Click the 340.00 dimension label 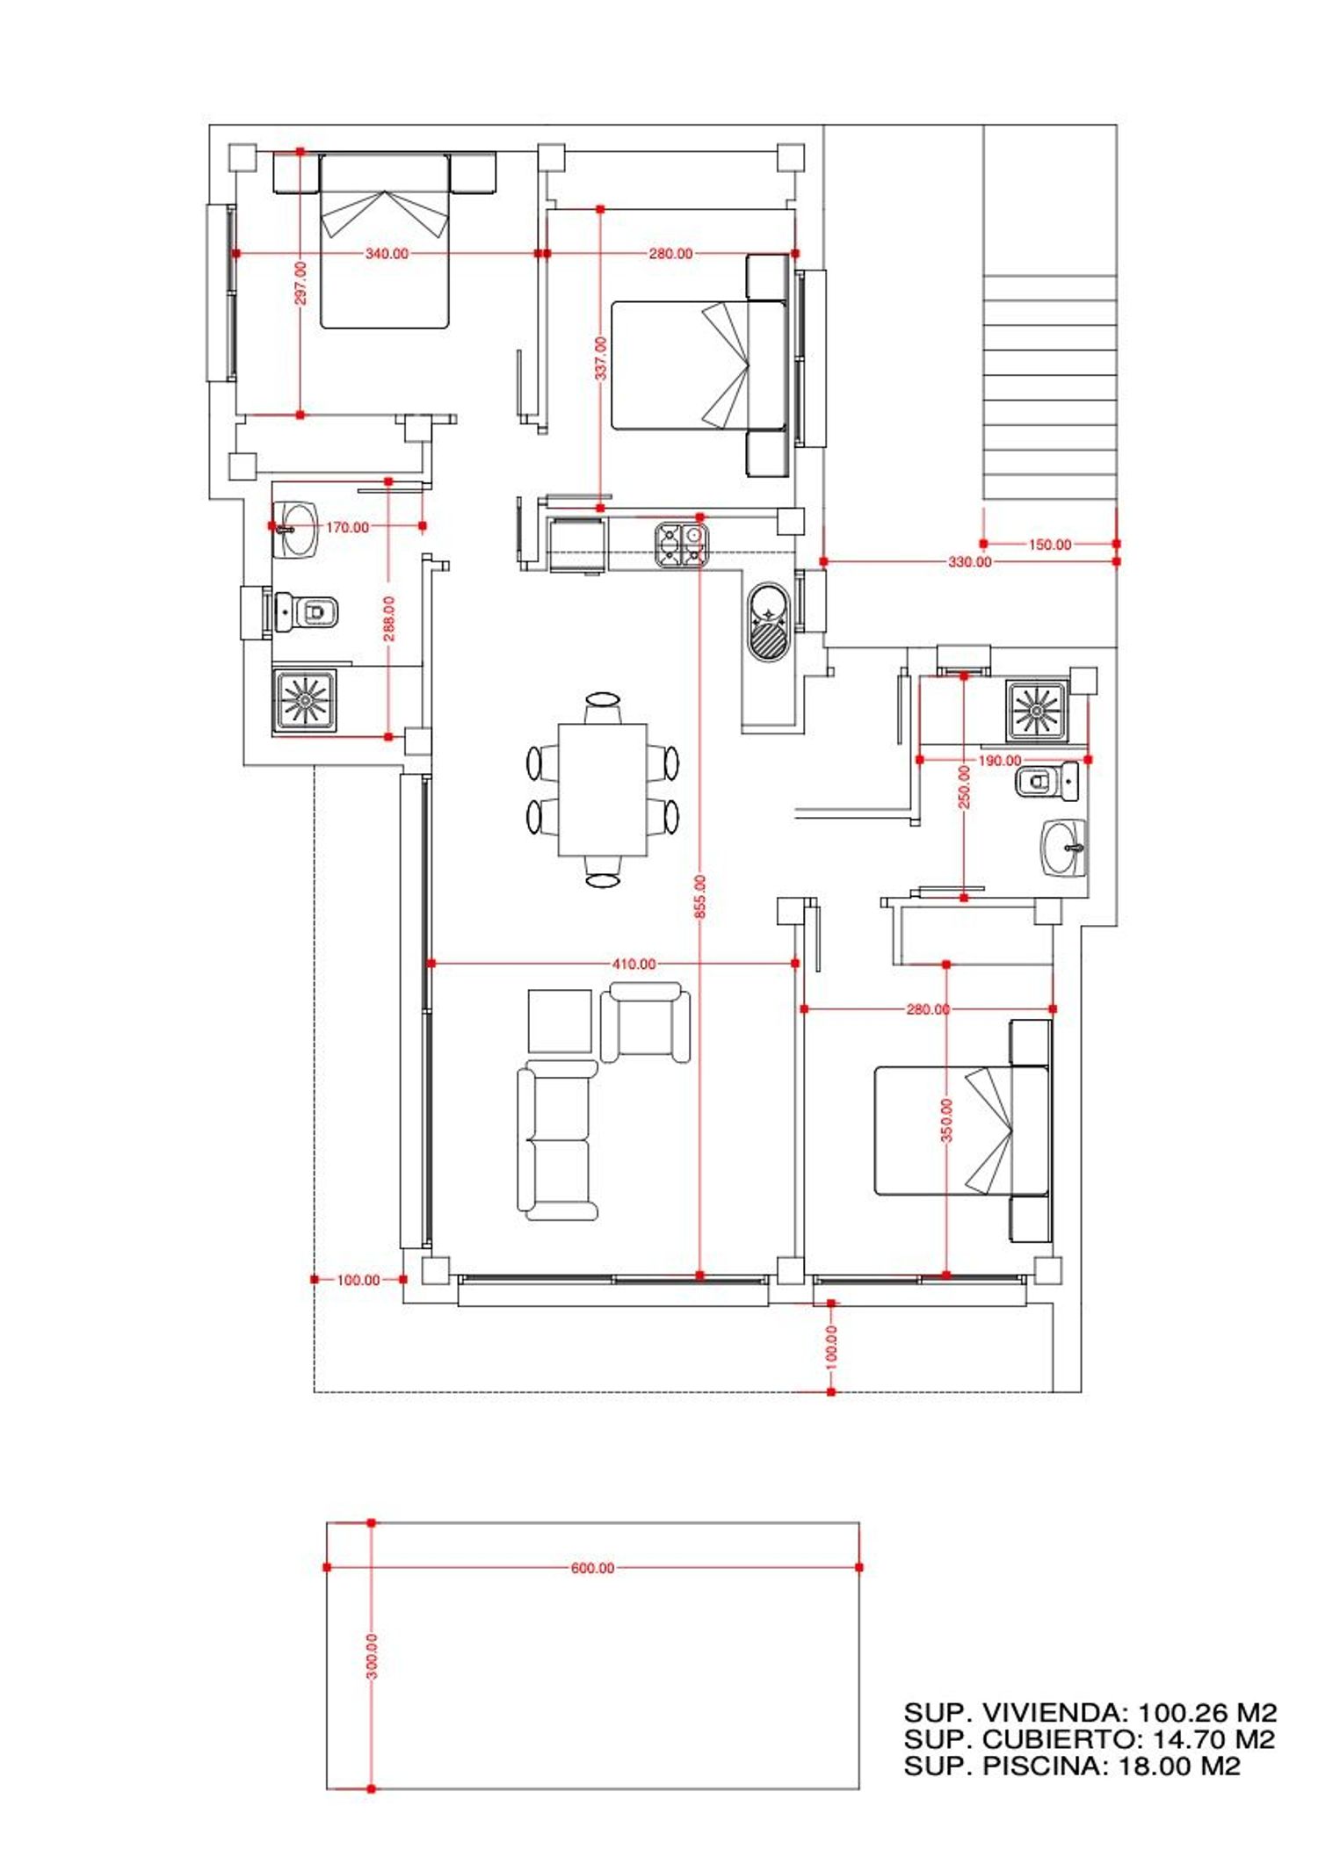click(x=387, y=254)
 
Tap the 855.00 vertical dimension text click(x=700, y=897)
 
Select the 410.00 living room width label click(x=634, y=964)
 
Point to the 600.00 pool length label click(x=593, y=1568)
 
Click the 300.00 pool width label click(x=372, y=1657)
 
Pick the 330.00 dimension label click(x=969, y=561)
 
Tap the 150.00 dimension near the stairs click(x=1050, y=545)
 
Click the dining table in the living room click(x=603, y=790)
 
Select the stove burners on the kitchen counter click(x=682, y=545)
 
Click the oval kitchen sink click(x=770, y=621)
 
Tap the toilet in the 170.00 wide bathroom click(x=307, y=610)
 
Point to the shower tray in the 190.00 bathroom click(x=1037, y=710)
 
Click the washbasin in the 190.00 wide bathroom click(x=1065, y=849)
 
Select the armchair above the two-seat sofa click(x=645, y=1022)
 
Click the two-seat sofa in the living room click(x=557, y=1140)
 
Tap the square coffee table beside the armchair click(x=560, y=1021)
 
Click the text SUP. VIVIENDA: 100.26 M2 click(x=1090, y=1712)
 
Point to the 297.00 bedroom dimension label click(x=301, y=283)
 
